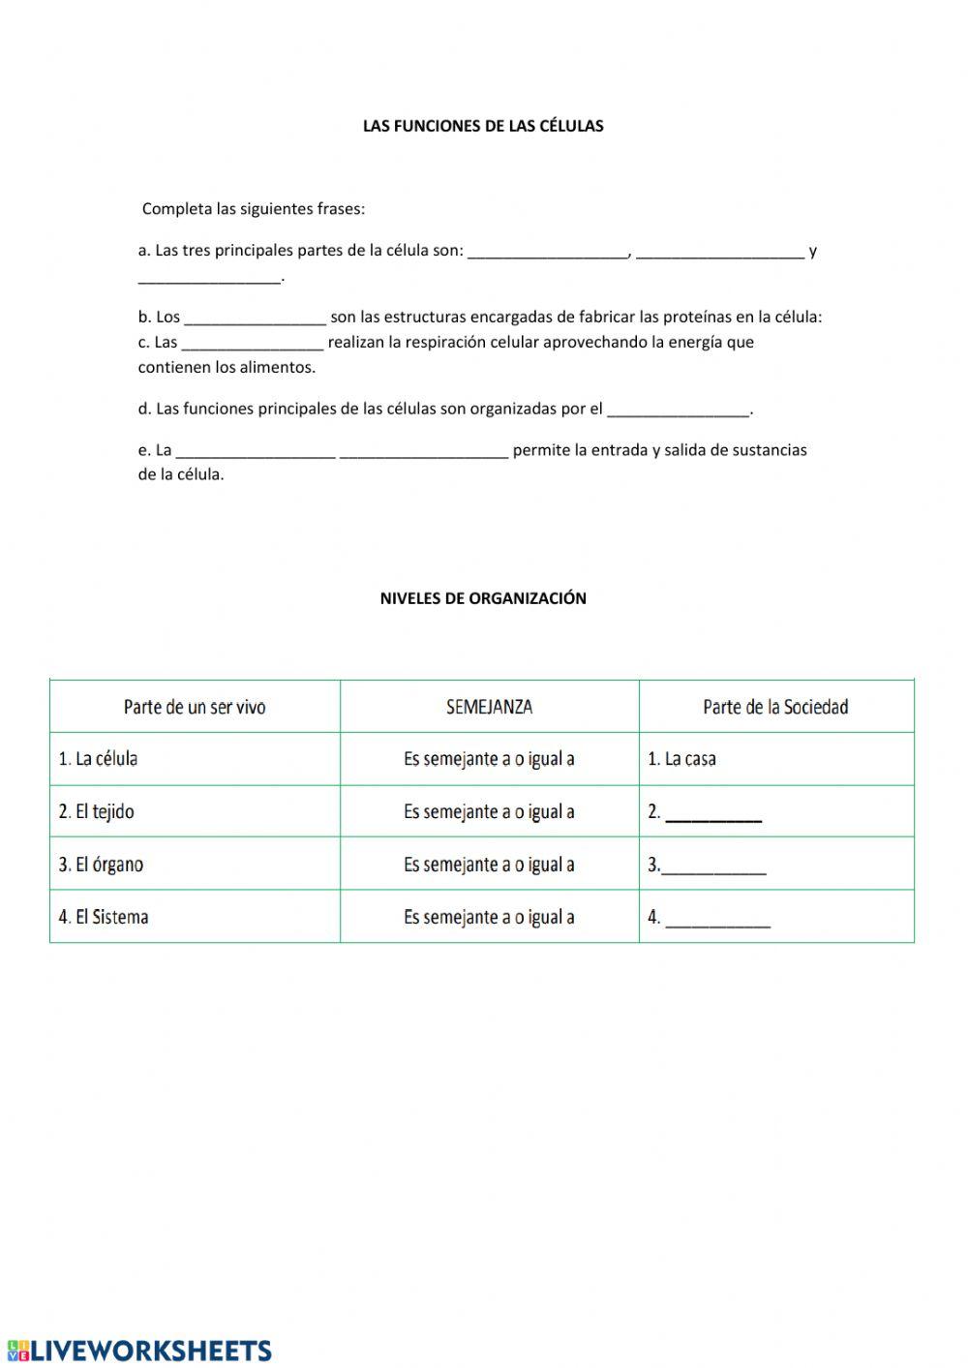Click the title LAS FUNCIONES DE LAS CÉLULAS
point(483,126)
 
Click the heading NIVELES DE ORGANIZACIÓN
point(483,598)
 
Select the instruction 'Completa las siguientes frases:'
point(254,209)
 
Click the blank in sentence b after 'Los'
point(255,318)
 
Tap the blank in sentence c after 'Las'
point(252,343)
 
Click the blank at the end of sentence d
point(678,410)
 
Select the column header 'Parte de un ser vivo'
point(195,707)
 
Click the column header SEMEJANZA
point(489,707)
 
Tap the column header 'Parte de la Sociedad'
point(775,707)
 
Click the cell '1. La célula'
point(98,759)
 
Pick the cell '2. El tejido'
point(96,811)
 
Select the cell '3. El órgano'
point(101,864)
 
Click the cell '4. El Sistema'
point(103,917)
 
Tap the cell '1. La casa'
point(681,759)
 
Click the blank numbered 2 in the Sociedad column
point(714,814)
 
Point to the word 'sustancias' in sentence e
point(771,450)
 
